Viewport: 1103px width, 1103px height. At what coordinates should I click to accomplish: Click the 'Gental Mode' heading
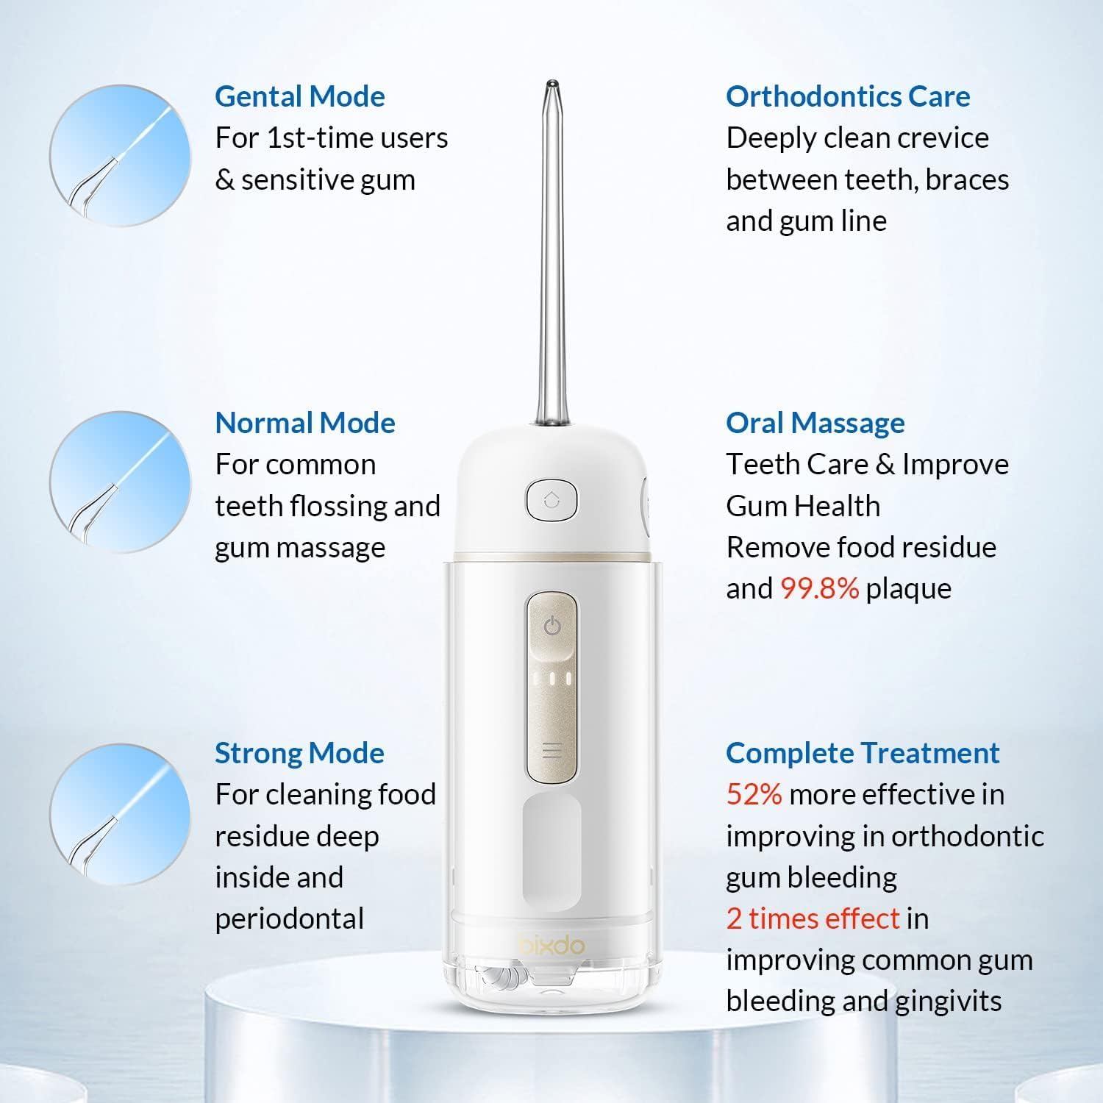(x=300, y=97)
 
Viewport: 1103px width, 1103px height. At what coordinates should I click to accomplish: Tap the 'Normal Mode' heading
(x=305, y=423)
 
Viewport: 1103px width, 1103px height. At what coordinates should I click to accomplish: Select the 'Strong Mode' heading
(x=299, y=753)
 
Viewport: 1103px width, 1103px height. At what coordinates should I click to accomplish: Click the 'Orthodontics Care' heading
(x=848, y=96)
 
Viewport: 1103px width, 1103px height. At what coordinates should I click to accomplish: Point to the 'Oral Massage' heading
(x=815, y=424)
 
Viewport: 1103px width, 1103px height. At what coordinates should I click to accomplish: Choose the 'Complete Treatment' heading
(x=863, y=753)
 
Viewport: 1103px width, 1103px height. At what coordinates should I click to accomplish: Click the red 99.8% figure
(x=819, y=588)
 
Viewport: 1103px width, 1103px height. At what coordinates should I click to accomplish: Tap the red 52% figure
(x=754, y=795)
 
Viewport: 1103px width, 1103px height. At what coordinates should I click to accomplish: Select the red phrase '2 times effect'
(x=813, y=918)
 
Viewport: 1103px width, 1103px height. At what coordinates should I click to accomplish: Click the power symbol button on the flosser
(x=552, y=627)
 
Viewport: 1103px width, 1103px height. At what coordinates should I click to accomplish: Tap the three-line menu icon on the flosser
(x=551, y=751)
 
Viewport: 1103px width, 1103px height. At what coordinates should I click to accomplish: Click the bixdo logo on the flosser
(x=551, y=945)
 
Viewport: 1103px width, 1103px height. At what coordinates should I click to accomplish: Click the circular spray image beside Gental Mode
(x=120, y=155)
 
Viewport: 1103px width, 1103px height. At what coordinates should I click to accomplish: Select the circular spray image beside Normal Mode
(x=120, y=482)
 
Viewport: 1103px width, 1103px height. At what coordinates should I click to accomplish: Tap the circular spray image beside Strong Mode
(x=120, y=814)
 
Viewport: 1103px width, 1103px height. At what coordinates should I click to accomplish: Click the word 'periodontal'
(x=290, y=919)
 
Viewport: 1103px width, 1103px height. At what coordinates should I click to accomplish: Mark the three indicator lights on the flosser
(x=551, y=678)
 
